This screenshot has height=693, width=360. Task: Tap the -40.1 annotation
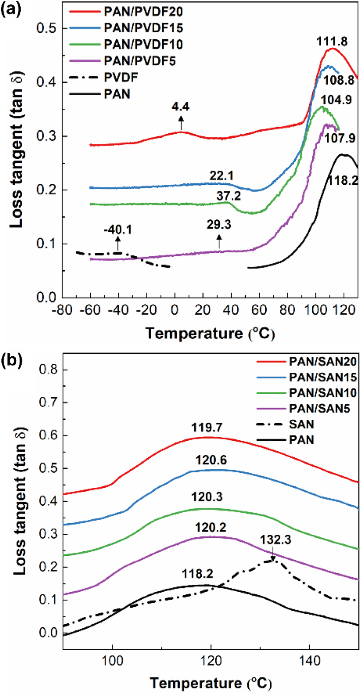point(118,230)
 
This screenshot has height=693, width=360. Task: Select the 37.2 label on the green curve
point(228,196)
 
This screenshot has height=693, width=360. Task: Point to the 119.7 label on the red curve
point(207,427)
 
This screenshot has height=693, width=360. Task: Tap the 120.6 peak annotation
point(211,460)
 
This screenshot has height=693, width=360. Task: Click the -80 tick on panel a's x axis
point(62,310)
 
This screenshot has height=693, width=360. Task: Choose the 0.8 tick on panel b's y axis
point(48,370)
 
